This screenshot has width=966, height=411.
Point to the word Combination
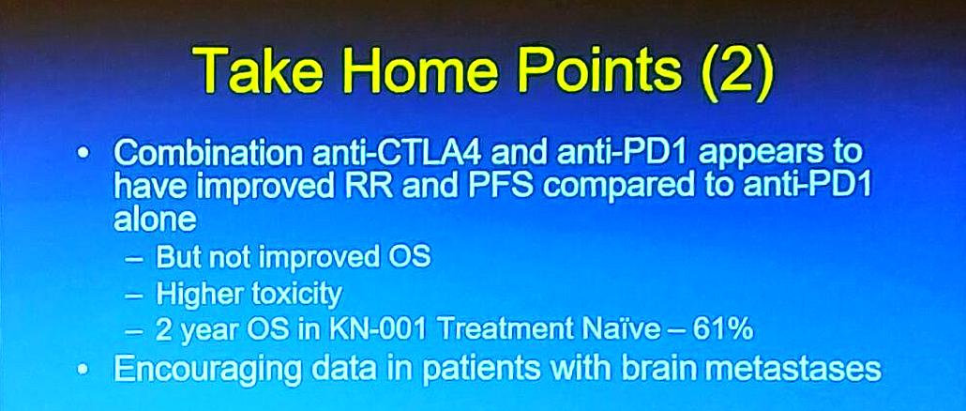208,153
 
